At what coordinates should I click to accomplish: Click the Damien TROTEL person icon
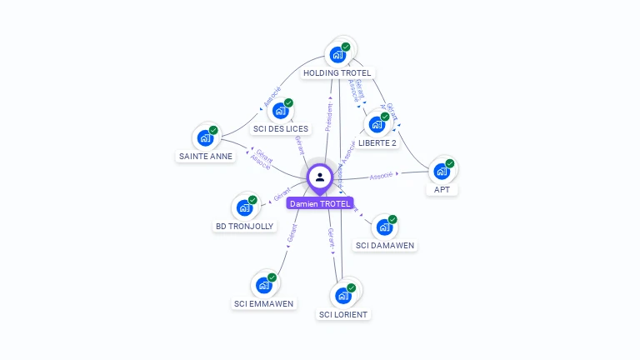click(x=320, y=177)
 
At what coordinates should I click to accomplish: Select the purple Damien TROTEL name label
click(x=320, y=203)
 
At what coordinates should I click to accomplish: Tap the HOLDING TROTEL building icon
click(x=337, y=55)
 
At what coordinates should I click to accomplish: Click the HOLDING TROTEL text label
click(x=337, y=73)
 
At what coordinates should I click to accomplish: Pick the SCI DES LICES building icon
click(x=281, y=112)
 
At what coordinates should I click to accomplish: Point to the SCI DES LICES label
click(x=281, y=129)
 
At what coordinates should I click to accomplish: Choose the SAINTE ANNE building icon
click(x=205, y=138)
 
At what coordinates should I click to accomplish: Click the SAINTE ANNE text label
click(x=205, y=156)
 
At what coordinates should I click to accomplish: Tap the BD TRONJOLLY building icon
click(x=244, y=207)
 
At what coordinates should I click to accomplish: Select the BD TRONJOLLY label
click(x=244, y=226)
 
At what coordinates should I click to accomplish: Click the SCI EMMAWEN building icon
click(x=264, y=285)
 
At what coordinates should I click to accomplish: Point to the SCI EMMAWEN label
click(x=263, y=303)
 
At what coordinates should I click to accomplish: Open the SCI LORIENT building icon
click(x=343, y=296)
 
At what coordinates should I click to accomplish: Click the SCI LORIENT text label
click(x=343, y=314)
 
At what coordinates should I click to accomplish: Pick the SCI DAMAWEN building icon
click(x=384, y=227)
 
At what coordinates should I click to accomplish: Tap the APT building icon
click(x=442, y=172)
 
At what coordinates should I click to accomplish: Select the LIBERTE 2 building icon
click(x=377, y=125)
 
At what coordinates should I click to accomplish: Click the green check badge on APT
click(x=450, y=163)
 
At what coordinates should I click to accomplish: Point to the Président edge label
click(x=329, y=117)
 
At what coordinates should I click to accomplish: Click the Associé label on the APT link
click(x=382, y=176)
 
